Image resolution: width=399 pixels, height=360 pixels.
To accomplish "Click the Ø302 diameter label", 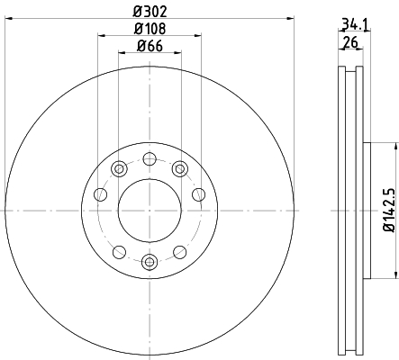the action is pyautogui.click(x=150, y=12).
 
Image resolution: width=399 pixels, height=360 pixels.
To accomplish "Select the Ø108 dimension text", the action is pyautogui.click(x=150, y=29).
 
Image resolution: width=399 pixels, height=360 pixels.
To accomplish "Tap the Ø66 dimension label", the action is pyautogui.click(x=150, y=46).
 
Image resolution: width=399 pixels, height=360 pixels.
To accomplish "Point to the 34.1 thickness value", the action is pyautogui.click(x=355, y=24).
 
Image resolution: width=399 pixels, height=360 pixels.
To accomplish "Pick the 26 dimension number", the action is pyautogui.click(x=350, y=42).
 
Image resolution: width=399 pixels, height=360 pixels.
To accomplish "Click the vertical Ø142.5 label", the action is pyautogui.click(x=389, y=210).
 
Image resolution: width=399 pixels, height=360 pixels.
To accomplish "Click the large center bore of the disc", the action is pyautogui.click(x=150, y=211).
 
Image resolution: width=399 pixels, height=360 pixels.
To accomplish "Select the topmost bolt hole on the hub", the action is pyautogui.click(x=150, y=158).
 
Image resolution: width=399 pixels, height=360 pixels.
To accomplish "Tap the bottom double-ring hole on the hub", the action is pyautogui.click(x=150, y=263).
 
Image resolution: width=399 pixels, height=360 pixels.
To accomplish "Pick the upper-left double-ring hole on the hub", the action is pyautogui.click(x=119, y=169).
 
